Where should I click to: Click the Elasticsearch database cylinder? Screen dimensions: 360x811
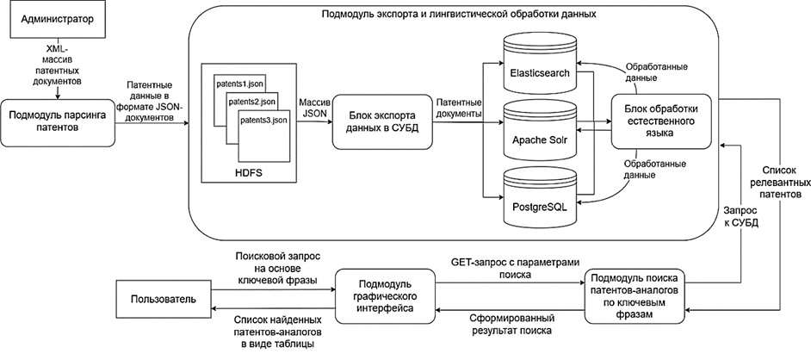540,69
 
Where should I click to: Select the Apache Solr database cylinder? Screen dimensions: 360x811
540,134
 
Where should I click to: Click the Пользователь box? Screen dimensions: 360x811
158,299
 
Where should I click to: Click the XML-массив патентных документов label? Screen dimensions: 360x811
55,65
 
